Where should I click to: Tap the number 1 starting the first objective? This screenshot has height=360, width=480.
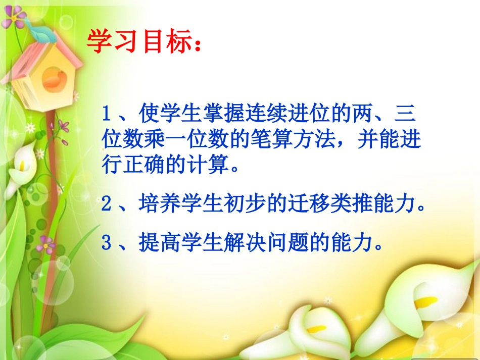(106, 113)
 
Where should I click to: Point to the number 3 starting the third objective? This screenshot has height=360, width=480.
(106, 244)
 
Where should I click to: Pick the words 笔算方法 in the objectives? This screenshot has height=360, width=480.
(285, 140)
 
